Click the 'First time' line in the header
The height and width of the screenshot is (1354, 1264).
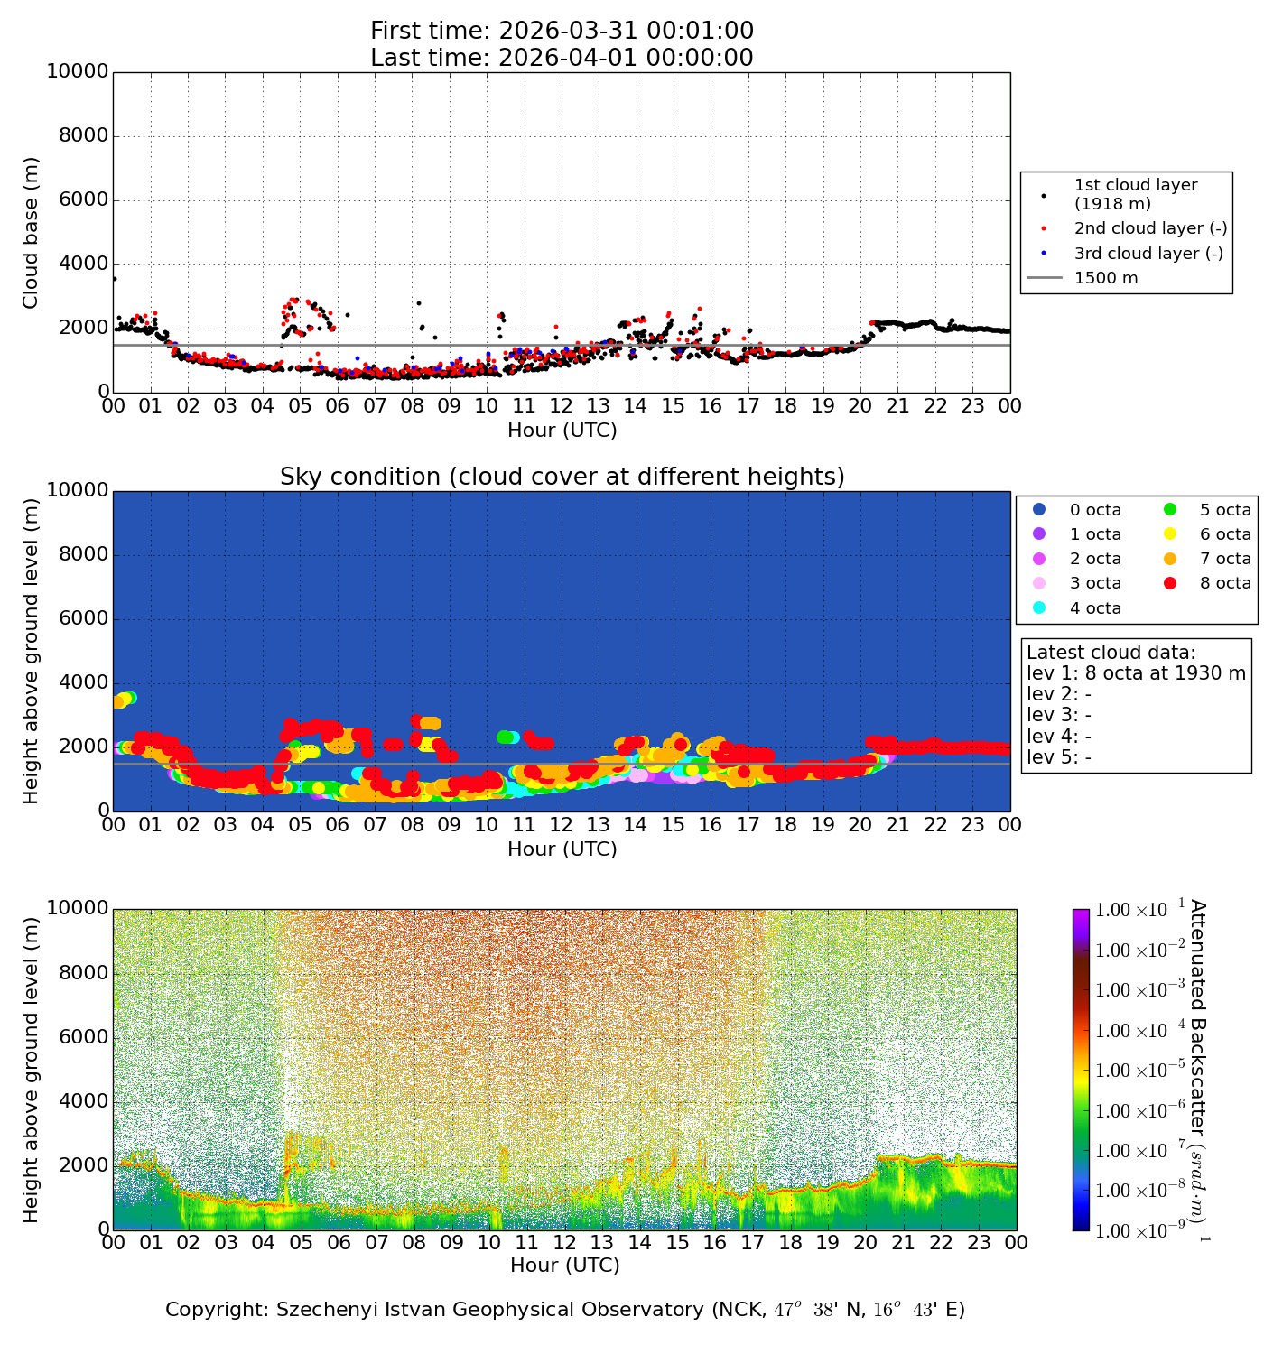(x=562, y=31)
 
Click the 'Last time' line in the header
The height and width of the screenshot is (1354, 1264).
(x=562, y=58)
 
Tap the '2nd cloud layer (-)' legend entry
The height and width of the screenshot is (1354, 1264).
(x=1149, y=229)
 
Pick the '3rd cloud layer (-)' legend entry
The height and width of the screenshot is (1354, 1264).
(x=1148, y=254)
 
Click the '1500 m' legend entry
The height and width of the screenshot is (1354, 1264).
(x=1105, y=278)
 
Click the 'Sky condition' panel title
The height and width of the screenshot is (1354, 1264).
(x=562, y=477)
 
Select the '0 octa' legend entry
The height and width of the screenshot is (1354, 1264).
(x=1095, y=510)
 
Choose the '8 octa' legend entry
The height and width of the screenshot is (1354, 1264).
(x=1224, y=583)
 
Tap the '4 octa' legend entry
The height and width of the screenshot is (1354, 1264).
(x=1095, y=608)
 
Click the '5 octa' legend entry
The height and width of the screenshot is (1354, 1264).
(x=1224, y=510)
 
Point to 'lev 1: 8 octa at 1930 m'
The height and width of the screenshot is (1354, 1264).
(x=1136, y=673)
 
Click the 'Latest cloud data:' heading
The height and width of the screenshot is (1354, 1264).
(x=1111, y=653)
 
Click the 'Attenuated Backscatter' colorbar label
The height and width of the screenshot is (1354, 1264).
(x=1198, y=1070)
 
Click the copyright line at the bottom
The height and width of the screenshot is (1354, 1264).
(x=565, y=1310)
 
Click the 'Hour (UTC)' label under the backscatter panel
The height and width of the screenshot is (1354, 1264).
(x=564, y=1266)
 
